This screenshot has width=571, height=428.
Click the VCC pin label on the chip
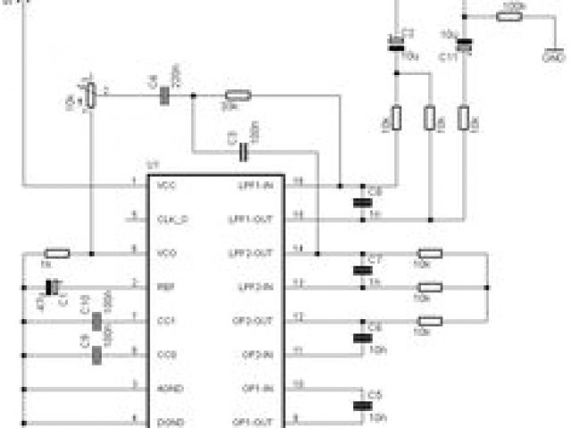pyautogui.click(x=166, y=185)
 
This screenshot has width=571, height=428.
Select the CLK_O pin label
pyautogui.click(x=172, y=218)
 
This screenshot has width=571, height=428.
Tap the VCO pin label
pyautogui.click(x=166, y=253)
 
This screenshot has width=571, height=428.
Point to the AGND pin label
pyautogui.click(x=170, y=388)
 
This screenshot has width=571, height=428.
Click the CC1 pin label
pyautogui.click(x=166, y=320)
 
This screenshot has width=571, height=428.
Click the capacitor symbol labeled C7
pyautogui.click(x=361, y=269)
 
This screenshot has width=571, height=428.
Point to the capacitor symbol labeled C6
pyautogui.click(x=361, y=337)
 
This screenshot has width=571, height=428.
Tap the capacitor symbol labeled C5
pyautogui.click(x=361, y=405)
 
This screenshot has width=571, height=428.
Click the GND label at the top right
pyautogui.click(x=553, y=57)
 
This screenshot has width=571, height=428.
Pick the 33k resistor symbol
pyautogui.click(x=236, y=95)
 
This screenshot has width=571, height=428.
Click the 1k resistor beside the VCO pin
pyautogui.click(x=57, y=253)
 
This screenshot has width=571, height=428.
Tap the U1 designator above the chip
pyautogui.click(x=153, y=165)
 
